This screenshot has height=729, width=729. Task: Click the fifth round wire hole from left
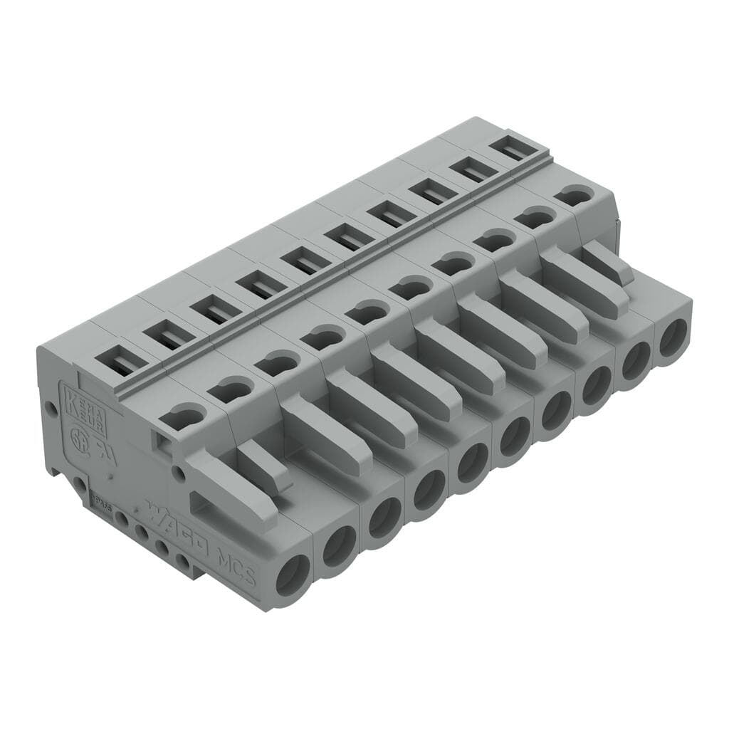pos(471,463)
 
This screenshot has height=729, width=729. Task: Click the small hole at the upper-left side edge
pos(50,409)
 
